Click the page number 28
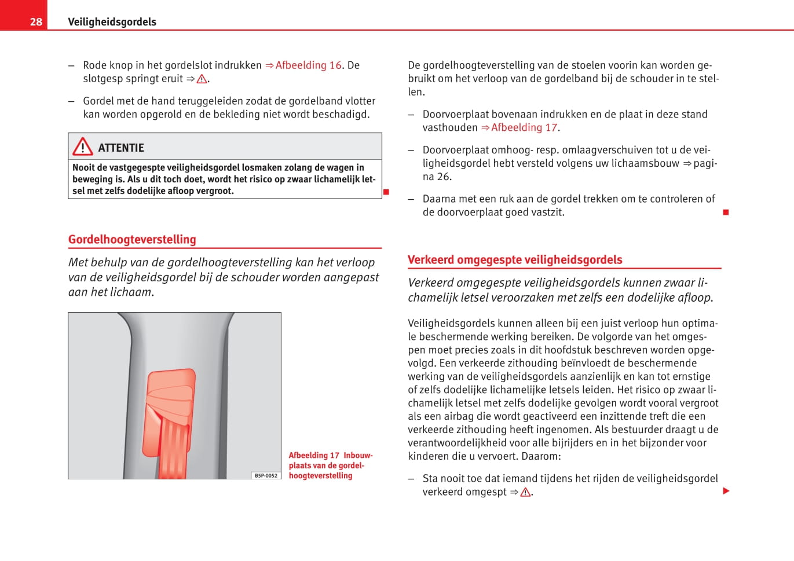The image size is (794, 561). tap(36, 22)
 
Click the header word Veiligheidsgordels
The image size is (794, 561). tap(112, 22)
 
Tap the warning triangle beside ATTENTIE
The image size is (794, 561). tap(83, 147)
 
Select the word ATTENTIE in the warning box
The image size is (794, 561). tap(121, 148)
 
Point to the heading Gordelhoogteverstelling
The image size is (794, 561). tap(132, 240)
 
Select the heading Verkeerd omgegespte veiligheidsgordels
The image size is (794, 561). tap(515, 260)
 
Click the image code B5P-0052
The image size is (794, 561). tap(266, 475)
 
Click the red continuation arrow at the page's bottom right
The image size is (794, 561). tap(726, 492)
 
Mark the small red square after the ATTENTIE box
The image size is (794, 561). tap(386, 192)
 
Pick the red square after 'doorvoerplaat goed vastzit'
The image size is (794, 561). tap(726, 212)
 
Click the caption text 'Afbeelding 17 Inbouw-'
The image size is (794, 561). tap(331, 456)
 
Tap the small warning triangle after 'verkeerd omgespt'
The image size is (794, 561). tap(525, 493)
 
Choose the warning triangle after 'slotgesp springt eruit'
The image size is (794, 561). tap(202, 79)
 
